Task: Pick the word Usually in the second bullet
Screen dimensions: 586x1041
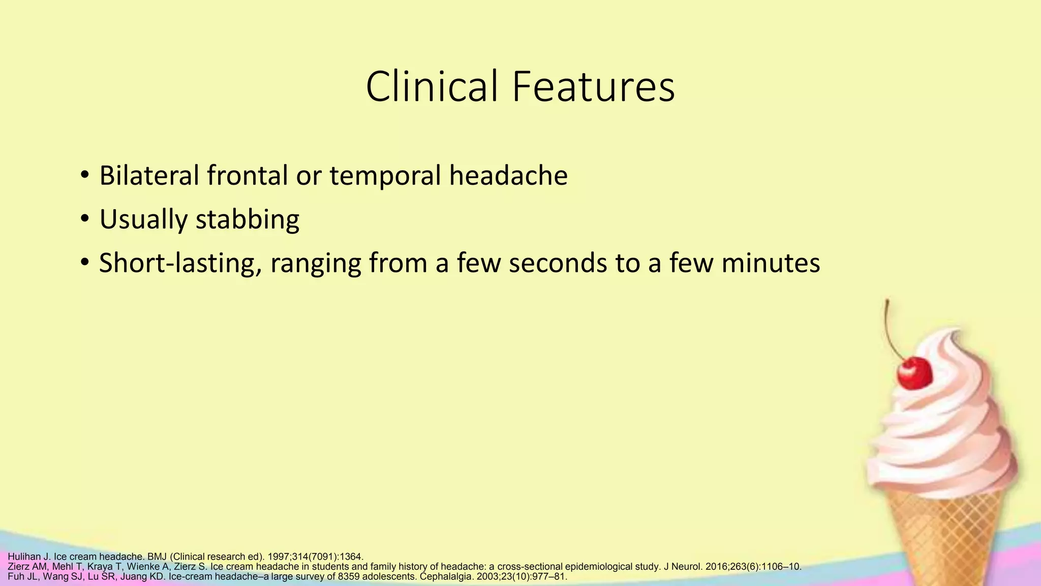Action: tap(142, 220)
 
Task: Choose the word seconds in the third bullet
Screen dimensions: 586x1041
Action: tap(558, 263)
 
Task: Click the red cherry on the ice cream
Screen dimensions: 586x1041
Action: tap(914, 373)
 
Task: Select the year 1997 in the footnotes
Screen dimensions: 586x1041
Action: tap(279, 556)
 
